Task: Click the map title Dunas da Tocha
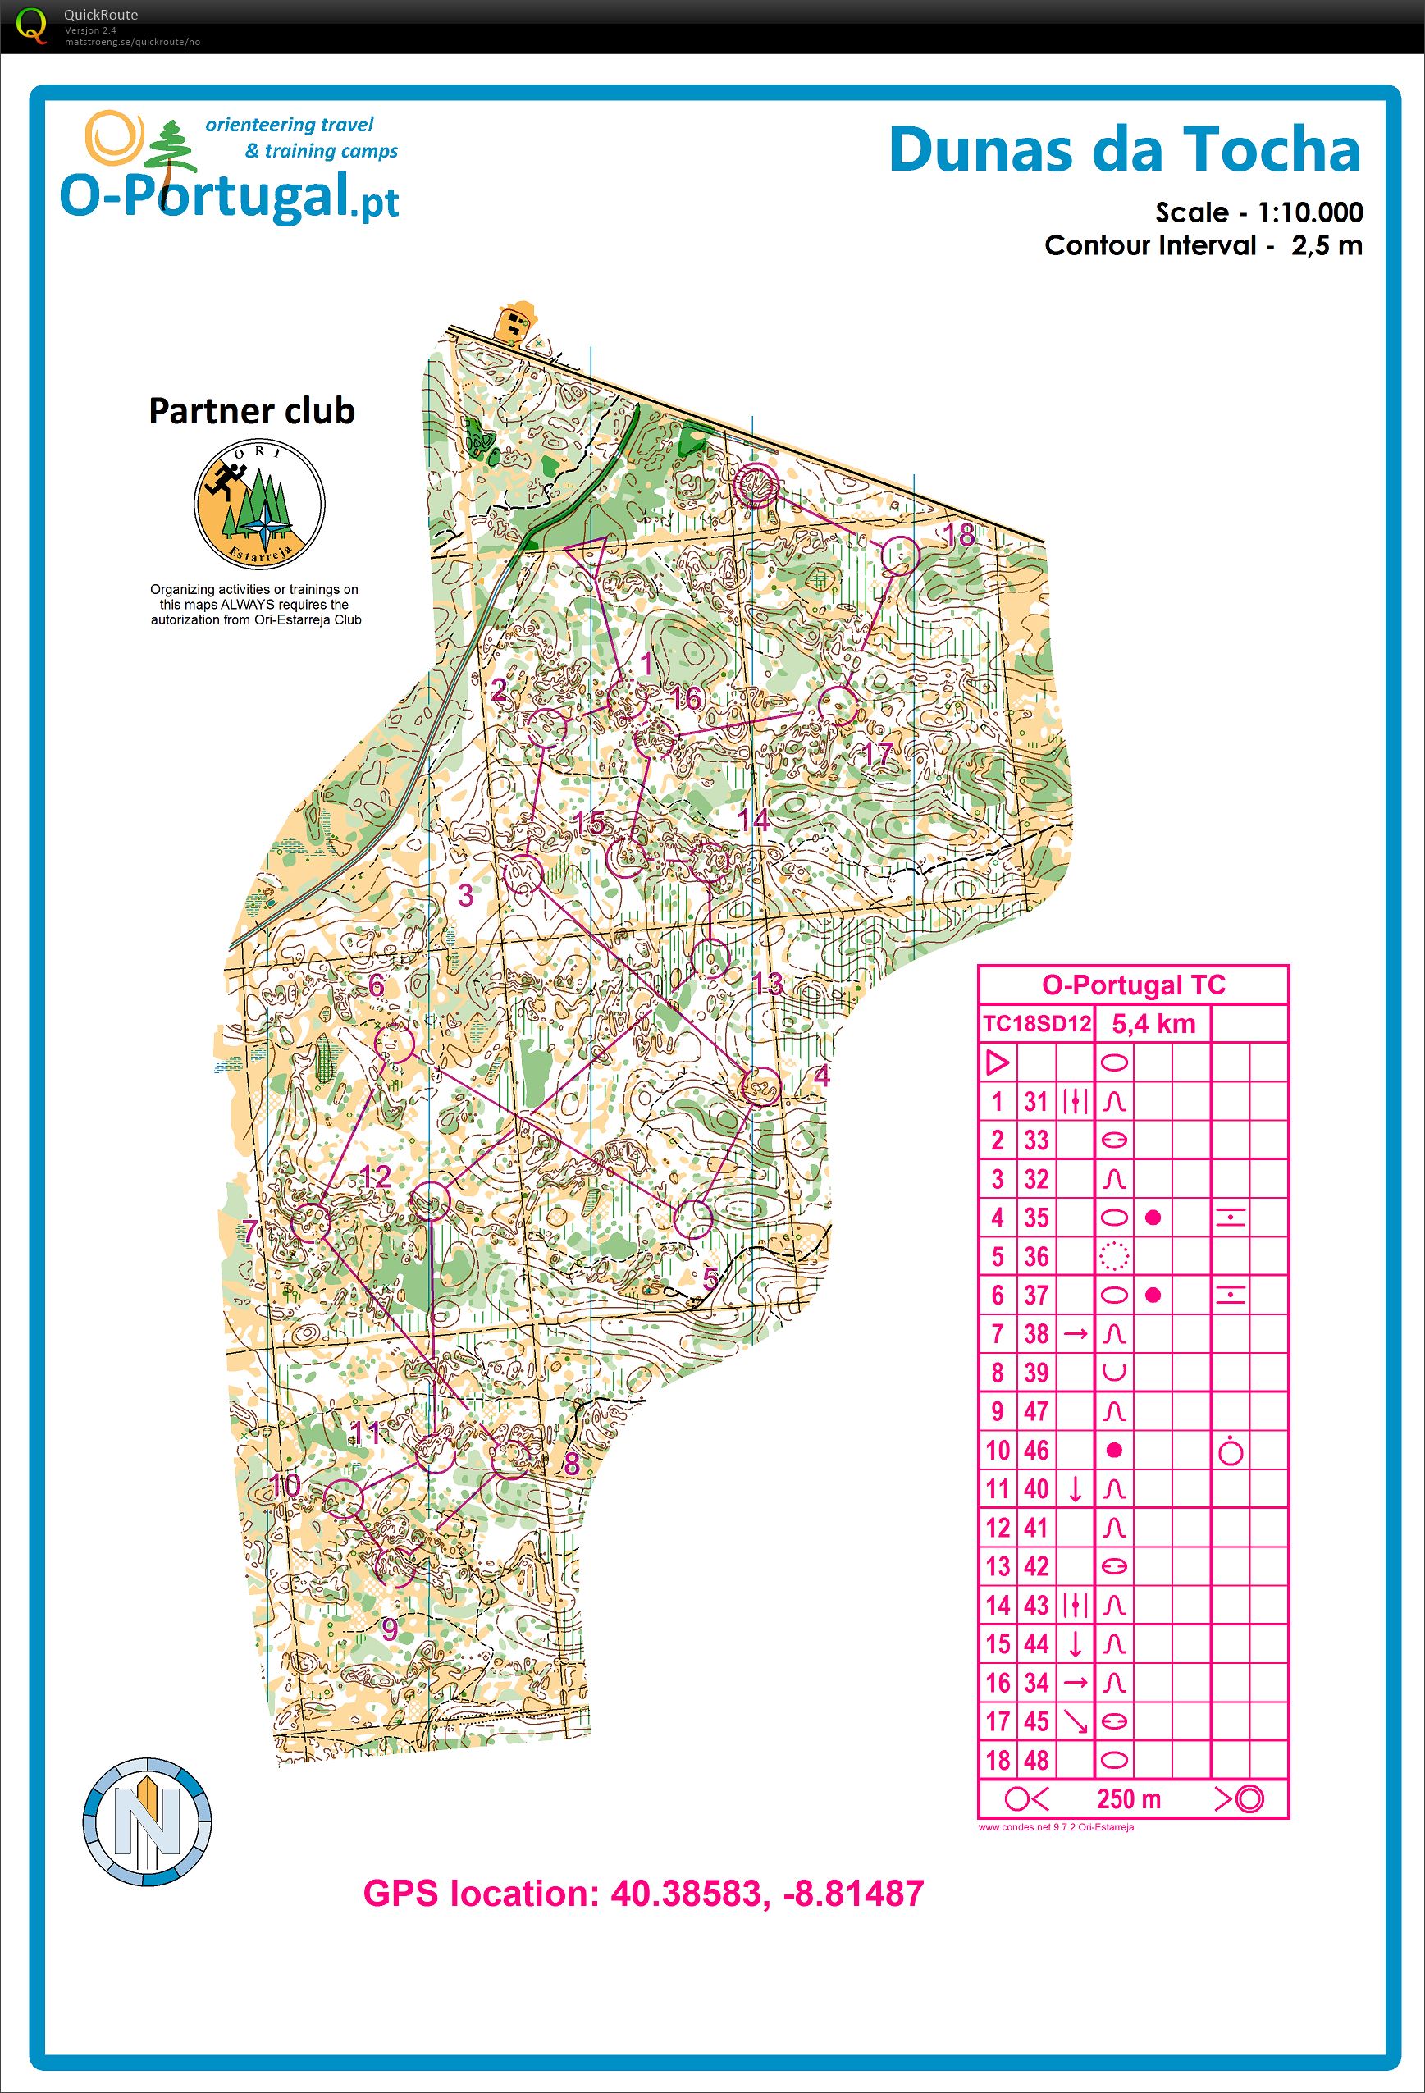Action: (x=1124, y=150)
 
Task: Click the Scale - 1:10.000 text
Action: (x=1258, y=212)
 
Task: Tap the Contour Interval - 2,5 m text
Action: (x=1203, y=245)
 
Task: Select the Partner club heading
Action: (x=251, y=411)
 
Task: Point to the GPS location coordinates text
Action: (x=643, y=1893)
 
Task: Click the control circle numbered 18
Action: (x=898, y=555)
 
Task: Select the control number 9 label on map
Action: (x=389, y=1629)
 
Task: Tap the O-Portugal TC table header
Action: (x=1133, y=985)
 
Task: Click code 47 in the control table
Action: (x=1036, y=1411)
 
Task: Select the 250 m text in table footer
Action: (x=1128, y=1798)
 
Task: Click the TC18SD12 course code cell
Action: (x=1036, y=1024)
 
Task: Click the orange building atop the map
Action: (x=516, y=322)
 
